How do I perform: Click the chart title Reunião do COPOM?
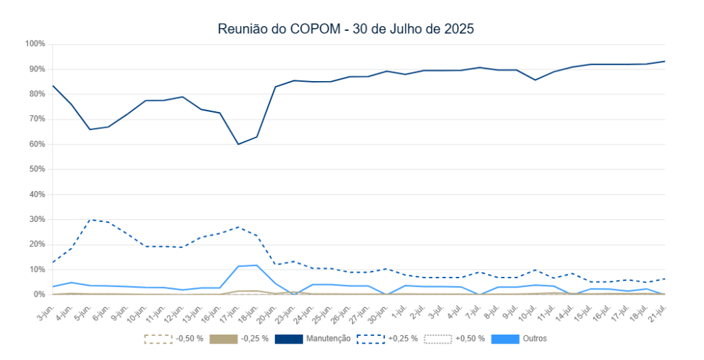tap(346, 29)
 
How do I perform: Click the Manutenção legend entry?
tap(313, 339)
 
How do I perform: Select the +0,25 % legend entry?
tap(387, 339)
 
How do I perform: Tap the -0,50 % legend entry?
tap(173, 339)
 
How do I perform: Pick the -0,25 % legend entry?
tap(240, 339)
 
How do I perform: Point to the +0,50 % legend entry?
tap(454, 339)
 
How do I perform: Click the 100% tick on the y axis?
tap(35, 44)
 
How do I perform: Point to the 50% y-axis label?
tap(36, 169)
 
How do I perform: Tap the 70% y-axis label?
tap(36, 119)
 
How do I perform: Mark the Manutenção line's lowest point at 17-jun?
tap(238, 144)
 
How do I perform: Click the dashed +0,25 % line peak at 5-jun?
tap(90, 220)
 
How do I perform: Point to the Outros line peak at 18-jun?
tap(256, 265)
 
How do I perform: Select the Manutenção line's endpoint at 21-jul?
tap(665, 61)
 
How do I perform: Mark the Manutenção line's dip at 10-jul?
tap(535, 80)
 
